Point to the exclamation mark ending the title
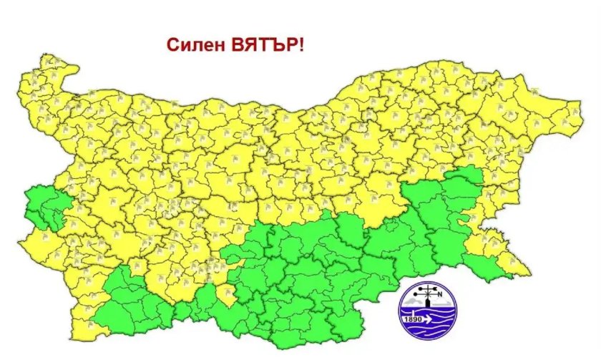(x=300, y=44)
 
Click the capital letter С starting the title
(x=172, y=44)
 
